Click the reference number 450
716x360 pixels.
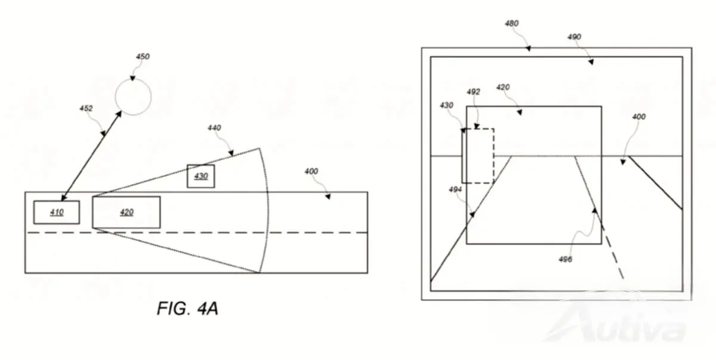(x=143, y=57)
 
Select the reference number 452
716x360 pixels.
(x=86, y=109)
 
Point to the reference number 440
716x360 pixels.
(x=214, y=128)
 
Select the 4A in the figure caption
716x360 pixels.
(x=208, y=309)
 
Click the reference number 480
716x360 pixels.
(x=512, y=23)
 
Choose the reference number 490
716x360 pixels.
(x=574, y=37)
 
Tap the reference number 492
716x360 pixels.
(x=473, y=92)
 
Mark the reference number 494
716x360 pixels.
(x=455, y=190)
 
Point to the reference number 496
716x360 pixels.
(x=565, y=259)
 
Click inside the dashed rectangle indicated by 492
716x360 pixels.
(x=478, y=156)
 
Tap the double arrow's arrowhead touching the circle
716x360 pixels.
(x=119, y=114)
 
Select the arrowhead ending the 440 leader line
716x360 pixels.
(x=231, y=153)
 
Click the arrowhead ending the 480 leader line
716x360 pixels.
(x=529, y=48)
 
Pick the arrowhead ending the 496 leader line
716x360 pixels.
(x=594, y=210)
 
